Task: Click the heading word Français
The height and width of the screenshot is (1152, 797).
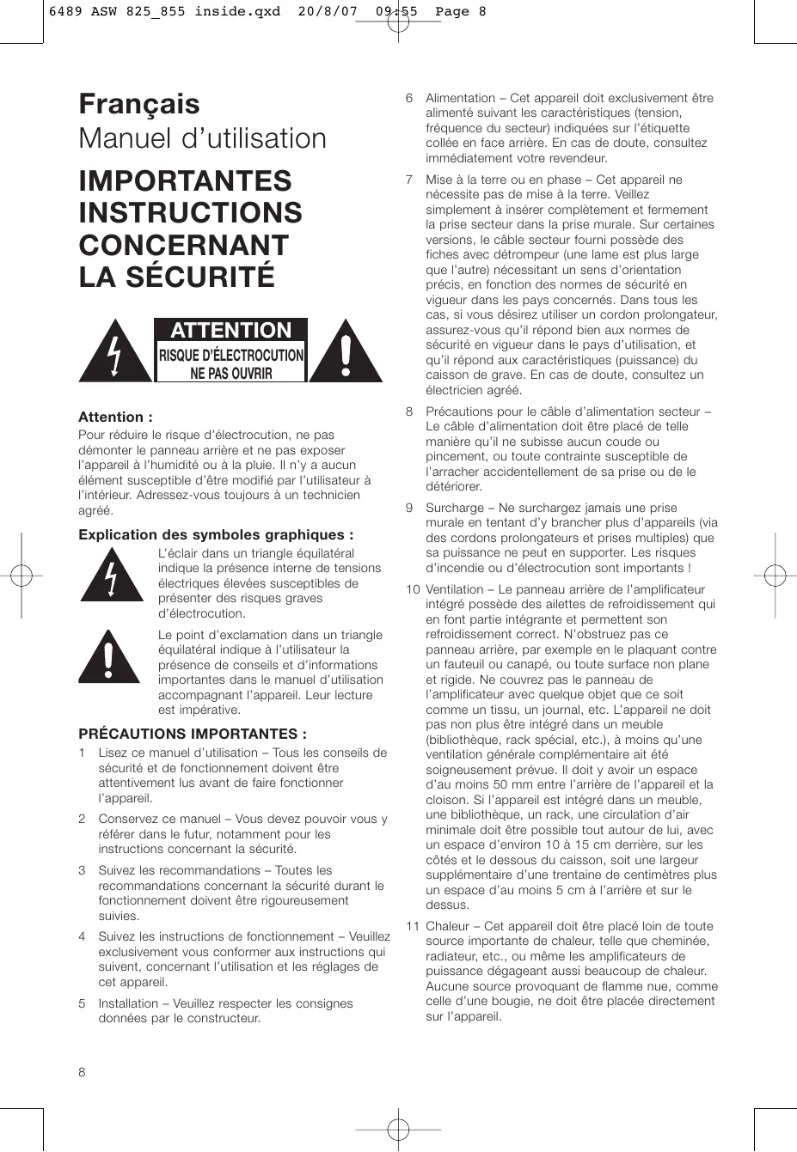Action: tap(139, 105)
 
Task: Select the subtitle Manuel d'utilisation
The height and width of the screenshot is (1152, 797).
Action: tap(203, 139)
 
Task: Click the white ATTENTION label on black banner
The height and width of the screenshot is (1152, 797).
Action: tap(230, 331)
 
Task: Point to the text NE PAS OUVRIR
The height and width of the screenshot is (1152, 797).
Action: tap(230, 373)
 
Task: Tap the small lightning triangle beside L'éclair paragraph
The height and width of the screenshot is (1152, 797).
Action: tap(113, 575)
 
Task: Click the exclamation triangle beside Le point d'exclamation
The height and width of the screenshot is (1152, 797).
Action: tap(109, 658)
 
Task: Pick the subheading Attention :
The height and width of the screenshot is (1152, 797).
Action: tap(115, 418)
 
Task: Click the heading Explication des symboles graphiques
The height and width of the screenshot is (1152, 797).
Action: tap(216, 535)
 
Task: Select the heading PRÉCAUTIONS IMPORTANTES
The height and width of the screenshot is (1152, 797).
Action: tap(193, 734)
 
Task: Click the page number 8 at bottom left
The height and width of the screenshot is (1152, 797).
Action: tap(83, 1072)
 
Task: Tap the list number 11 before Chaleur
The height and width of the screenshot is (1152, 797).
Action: tap(413, 926)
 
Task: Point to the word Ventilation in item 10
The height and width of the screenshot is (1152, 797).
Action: tap(454, 589)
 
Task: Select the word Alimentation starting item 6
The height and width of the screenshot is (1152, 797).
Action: tap(460, 98)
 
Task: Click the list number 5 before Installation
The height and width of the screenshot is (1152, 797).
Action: tap(82, 1003)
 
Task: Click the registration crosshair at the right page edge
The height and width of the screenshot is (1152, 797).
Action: tap(775, 575)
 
